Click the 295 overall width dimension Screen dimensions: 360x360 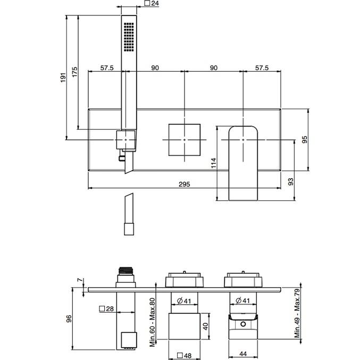185,184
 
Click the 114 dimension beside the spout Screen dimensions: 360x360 213,163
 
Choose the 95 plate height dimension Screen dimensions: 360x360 305,139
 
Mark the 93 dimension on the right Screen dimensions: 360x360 291,181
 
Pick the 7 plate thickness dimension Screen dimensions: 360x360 79,280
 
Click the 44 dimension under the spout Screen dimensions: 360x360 242,354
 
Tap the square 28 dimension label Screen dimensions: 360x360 107,308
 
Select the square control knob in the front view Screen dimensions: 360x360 184,139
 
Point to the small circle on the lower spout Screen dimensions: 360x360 243,324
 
